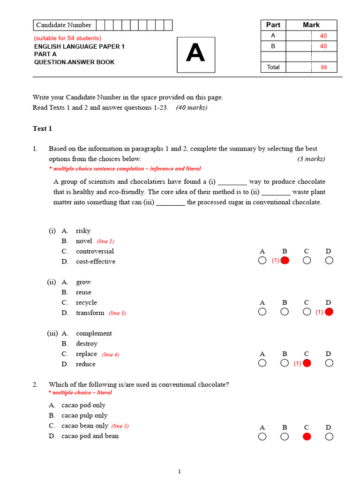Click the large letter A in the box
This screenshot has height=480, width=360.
point(195,54)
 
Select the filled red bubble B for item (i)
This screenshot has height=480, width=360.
point(285,261)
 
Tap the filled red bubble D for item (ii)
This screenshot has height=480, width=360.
point(329,312)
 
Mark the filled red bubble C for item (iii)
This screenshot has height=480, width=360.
point(307,363)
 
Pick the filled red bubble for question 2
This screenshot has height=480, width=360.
point(307,437)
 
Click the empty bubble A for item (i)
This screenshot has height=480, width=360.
point(262,261)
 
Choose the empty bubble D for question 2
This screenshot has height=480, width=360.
point(329,437)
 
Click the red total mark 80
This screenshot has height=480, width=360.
point(323,67)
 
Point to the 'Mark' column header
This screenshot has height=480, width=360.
point(311,25)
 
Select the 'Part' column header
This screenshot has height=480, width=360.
point(273,25)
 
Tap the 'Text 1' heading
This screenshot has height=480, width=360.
point(42,128)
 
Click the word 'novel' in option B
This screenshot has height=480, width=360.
point(84,241)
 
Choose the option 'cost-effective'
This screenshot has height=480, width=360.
point(95,262)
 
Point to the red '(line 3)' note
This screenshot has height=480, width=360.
point(117,313)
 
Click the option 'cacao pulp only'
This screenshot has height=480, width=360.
point(84,415)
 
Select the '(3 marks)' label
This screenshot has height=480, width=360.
point(311,159)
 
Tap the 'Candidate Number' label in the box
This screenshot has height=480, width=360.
point(64,25)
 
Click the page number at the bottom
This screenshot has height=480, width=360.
point(180,472)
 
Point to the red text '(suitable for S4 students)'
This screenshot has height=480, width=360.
point(67,38)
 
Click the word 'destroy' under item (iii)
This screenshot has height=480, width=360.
point(87,344)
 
